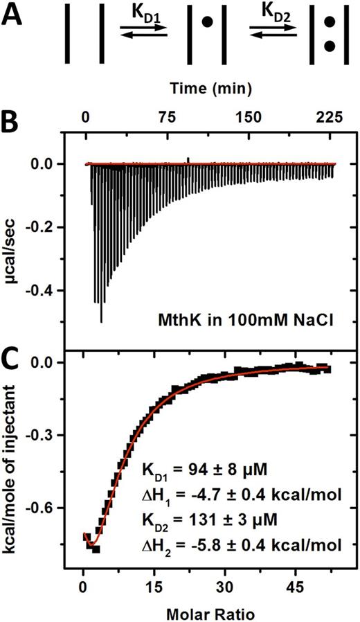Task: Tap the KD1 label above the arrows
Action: click(x=143, y=13)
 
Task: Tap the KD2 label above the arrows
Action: click(x=273, y=13)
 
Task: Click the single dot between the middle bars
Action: click(x=206, y=22)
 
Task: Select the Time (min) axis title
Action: click(x=209, y=88)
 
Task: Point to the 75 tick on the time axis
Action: click(x=167, y=117)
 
